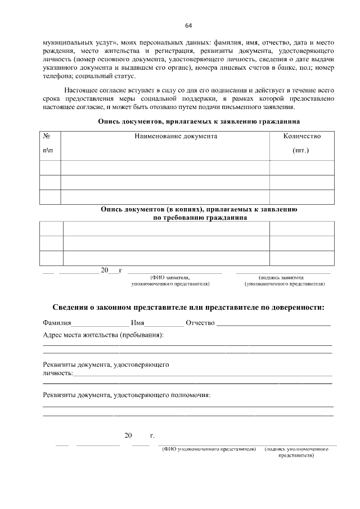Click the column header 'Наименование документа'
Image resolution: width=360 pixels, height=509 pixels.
[x=175, y=136]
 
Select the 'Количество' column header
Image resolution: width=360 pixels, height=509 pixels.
[x=301, y=136]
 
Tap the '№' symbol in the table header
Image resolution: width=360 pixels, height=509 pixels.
[x=48, y=136]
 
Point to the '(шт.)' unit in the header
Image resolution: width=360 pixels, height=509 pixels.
[x=301, y=151]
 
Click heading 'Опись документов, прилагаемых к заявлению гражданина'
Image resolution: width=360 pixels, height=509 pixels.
[x=199, y=121]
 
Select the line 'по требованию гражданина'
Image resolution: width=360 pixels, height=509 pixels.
[x=199, y=217]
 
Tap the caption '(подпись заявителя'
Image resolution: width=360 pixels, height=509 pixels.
[x=281, y=277]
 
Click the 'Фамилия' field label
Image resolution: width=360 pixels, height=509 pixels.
[x=57, y=323]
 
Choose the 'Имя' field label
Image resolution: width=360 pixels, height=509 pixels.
[x=138, y=323]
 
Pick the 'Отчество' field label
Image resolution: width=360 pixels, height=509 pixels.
[x=200, y=323]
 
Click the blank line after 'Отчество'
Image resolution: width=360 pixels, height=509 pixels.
[x=273, y=325]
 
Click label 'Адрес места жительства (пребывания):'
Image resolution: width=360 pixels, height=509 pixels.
[x=103, y=335]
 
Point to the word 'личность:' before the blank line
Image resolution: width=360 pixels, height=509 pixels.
[x=58, y=373]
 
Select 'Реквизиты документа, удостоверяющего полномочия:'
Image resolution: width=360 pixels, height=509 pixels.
[x=127, y=395]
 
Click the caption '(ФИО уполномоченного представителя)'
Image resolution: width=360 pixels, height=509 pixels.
[x=209, y=449]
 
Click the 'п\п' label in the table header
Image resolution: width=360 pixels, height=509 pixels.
[x=48, y=151]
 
